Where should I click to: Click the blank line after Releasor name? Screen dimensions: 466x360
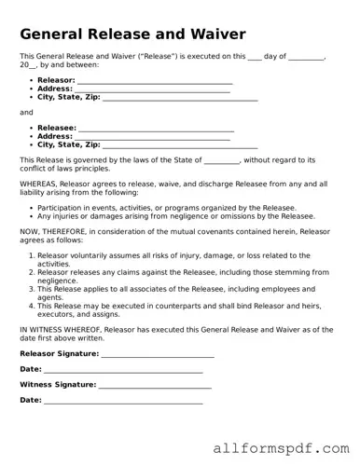coord(155,81)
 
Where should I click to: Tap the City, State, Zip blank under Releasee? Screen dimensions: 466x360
coord(180,145)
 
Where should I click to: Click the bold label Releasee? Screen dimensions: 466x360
coord(57,127)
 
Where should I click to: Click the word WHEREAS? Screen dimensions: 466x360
coord(39,185)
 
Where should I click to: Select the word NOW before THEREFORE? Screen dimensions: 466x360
coord(30,233)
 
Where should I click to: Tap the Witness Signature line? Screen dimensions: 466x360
coord(155,385)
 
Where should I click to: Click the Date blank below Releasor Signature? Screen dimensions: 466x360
coord(123,370)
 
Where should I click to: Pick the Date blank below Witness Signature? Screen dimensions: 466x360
coord(123,400)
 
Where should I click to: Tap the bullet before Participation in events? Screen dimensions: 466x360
coord(31,208)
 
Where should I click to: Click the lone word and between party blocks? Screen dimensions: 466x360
coord(26,112)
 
